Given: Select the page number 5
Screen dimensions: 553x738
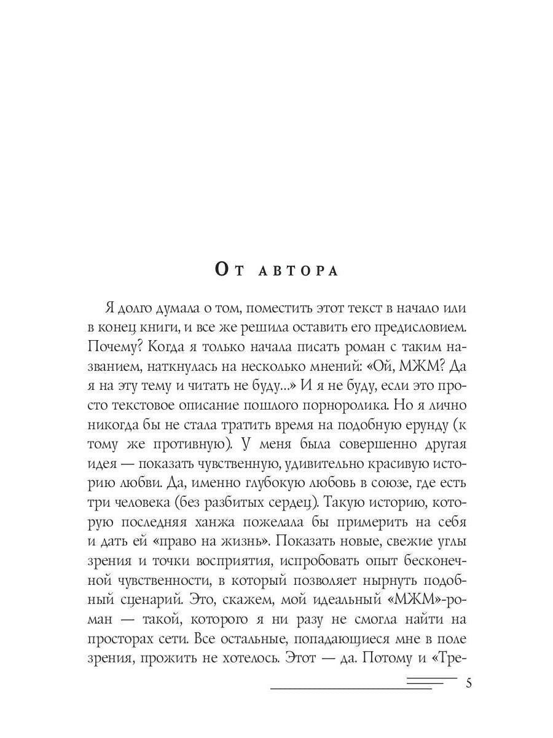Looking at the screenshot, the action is [469, 683].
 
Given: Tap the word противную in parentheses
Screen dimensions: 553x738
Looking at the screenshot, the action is [200, 462].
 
